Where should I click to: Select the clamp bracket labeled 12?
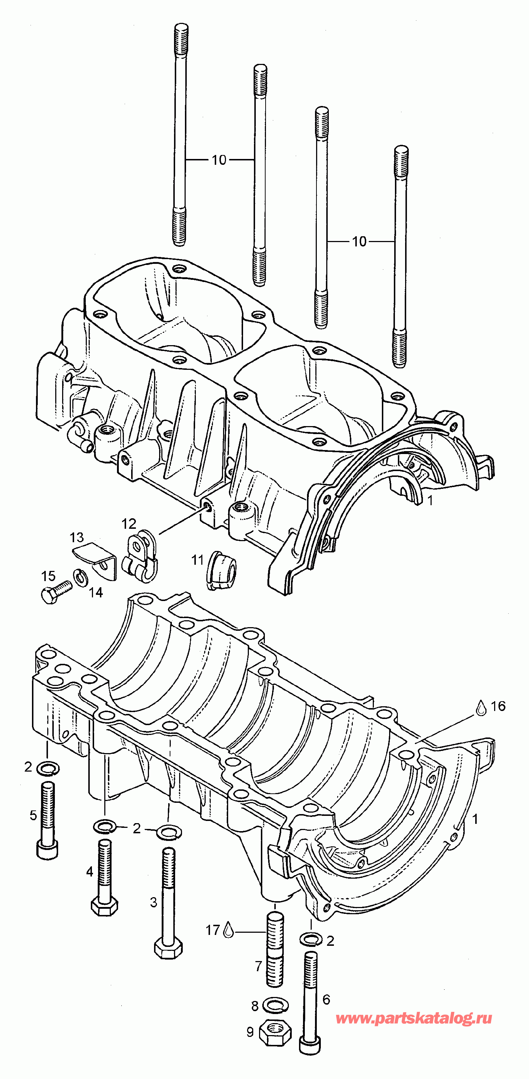click(140, 556)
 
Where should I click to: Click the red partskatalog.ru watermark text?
click(414, 1018)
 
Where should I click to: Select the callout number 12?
click(129, 524)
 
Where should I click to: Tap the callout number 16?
click(498, 706)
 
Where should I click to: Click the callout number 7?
click(258, 966)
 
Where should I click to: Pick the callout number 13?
click(77, 538)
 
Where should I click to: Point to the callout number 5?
click(33, 815)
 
